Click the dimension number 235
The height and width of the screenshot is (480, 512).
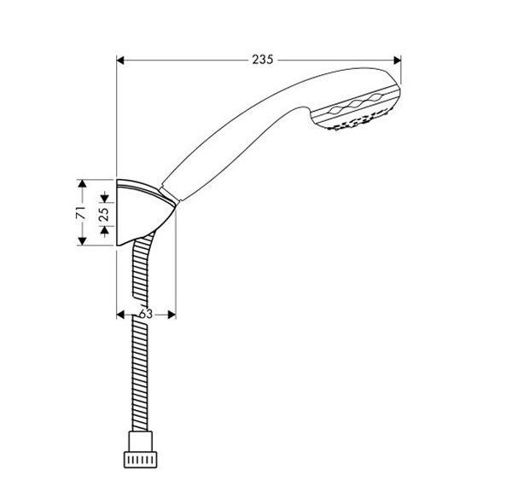tap(262, 60)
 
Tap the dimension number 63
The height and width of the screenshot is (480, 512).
tap(145, 314)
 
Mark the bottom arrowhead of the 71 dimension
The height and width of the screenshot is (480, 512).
tap(81, 242)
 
